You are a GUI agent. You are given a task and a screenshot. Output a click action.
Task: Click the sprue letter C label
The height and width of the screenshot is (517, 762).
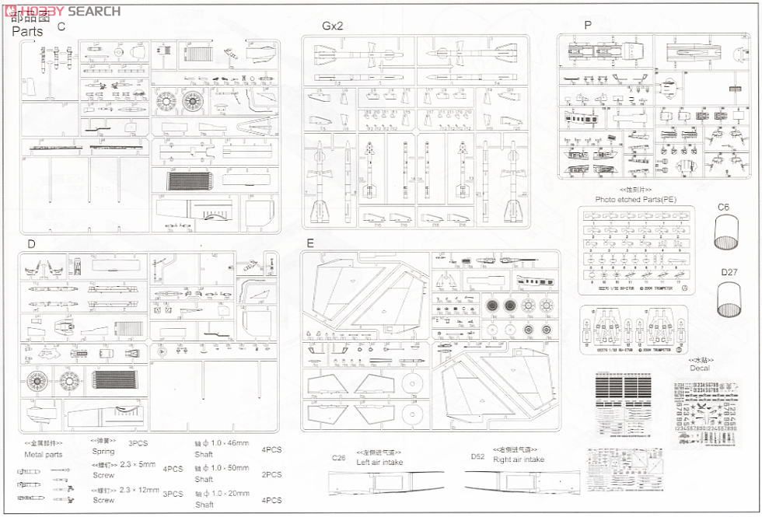tap(61, 26)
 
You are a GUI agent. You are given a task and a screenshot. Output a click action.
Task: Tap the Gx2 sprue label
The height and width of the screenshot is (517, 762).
tap(332, 26)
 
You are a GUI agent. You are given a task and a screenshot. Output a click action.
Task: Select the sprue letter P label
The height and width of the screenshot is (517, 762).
tap(588, 25)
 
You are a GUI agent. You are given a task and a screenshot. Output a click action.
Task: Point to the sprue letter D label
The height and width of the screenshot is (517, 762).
tap(31, 244)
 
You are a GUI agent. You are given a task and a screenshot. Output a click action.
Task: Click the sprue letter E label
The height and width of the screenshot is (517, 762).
tap(310, 243)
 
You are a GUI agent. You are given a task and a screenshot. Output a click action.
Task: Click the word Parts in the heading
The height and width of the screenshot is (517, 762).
tap(27, 33)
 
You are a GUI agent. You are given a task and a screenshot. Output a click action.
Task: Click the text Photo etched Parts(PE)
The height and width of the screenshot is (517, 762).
tap(635, 200)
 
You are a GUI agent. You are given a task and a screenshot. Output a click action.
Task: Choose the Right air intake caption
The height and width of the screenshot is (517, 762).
tap(519, 459)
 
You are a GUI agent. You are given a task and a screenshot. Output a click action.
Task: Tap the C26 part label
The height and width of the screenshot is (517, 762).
tap(338, 457)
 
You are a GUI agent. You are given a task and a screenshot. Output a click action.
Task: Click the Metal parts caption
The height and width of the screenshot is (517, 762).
tap(44, 454)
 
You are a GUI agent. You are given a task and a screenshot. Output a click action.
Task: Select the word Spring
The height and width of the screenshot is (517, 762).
tap(103, 452)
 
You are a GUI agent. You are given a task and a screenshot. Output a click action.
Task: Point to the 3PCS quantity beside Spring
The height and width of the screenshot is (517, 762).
tap(138, 442)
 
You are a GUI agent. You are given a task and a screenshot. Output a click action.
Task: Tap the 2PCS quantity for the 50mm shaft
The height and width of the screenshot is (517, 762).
tap(272, 474)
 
